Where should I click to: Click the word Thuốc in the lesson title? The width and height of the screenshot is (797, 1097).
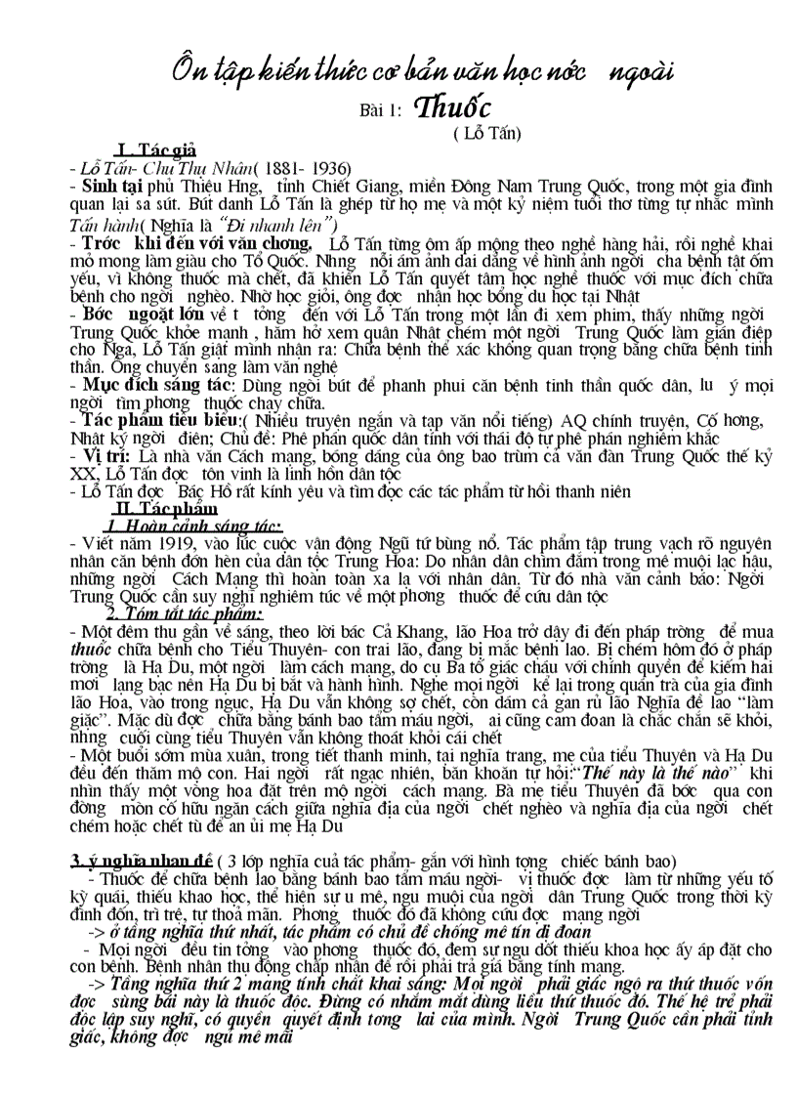(x=453, y=107)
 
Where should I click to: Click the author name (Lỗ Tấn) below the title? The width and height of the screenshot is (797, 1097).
(x=487, y=132)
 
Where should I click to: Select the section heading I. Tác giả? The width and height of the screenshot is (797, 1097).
(x=156, y=149)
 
